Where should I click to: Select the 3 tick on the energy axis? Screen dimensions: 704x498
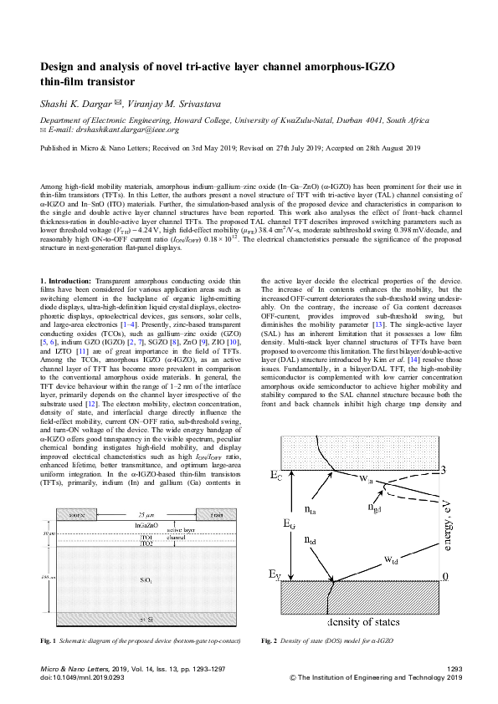point(444,469)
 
